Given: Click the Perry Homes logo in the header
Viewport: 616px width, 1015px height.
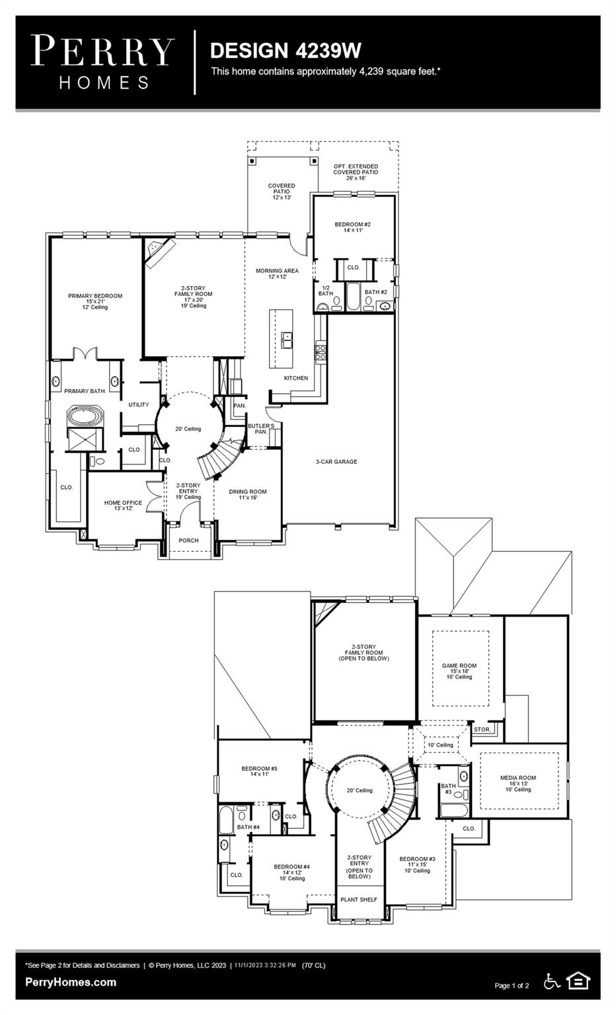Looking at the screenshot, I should (102, 62).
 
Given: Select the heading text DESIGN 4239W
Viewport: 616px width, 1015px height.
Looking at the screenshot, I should (286, 50).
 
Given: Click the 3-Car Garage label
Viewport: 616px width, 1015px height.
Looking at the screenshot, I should (336, 462).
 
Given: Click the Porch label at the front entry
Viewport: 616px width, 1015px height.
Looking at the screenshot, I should (188, 541).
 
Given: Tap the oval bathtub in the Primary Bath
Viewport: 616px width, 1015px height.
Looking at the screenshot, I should (83, 418).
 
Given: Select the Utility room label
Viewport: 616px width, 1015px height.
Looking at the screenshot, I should (139, 405).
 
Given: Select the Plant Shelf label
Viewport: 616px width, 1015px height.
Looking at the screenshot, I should (359, 899).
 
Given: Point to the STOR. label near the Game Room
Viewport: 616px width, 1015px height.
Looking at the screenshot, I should (482, 730).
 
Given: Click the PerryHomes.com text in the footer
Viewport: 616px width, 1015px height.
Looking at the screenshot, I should (71, 982).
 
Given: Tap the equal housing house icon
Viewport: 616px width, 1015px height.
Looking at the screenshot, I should (578, 981).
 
